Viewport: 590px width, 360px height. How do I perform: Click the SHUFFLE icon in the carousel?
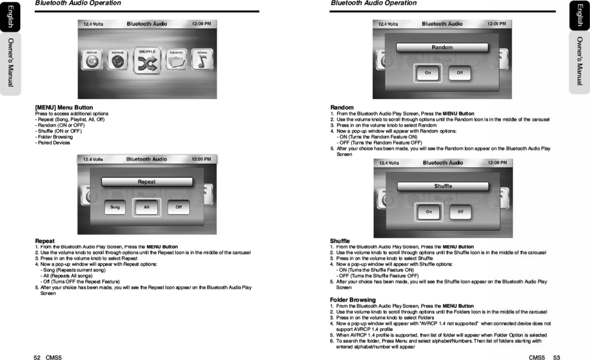coord(147,61)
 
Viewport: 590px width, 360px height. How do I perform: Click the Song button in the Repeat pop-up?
coord(115,207)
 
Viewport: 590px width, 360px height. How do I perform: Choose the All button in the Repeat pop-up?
coord(147,207)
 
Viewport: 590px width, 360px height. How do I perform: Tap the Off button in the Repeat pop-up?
coord(179,207)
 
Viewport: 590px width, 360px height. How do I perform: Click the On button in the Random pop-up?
coord(428,73)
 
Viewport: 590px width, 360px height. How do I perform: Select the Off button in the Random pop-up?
coord(460,73)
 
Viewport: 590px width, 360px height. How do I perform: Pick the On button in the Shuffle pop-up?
coord(429,212)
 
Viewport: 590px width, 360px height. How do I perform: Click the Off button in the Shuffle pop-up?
coord(460,212)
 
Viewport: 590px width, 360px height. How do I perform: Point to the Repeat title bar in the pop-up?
coord(147,182)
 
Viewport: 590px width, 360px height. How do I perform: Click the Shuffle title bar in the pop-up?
coord(443,186)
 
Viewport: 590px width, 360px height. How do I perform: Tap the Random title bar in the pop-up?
coord(442,47)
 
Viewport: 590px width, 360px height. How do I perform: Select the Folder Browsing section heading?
coord(353,300)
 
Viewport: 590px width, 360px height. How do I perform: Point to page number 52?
coord(37,357)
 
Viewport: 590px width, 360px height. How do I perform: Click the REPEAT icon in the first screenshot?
coord(92,60)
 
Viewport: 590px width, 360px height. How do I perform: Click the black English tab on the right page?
coord(579,16)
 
